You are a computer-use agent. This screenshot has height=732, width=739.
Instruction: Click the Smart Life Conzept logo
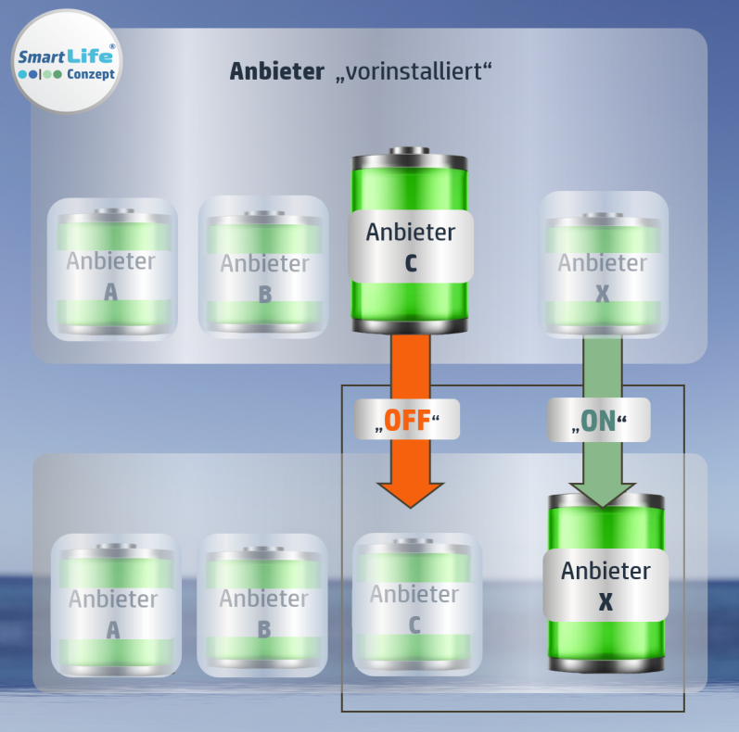pyautogui.click(x=67, y=61)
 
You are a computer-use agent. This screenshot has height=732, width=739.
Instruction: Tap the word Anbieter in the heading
pyautogui.click(x=277, y=72)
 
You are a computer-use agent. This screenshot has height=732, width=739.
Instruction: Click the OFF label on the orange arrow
pyautogui.click(x=407, y=421)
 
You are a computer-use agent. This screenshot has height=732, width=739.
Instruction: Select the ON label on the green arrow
pyautogui.click(x=598, y=422)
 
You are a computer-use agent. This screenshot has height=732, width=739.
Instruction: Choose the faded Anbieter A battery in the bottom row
pyautogui.click(x=113, y=605)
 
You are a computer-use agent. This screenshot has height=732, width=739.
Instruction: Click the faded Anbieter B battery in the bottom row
pyautogui.click(x=263, y=605)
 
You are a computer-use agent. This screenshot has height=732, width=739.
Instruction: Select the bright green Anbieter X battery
pyautogui.click(x=605, y=584)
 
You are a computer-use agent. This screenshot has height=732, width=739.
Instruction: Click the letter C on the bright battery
pyautogui.click(x=411, y=264)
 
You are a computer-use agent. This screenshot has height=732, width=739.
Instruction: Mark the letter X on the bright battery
pyautogui.click(x=605, y=602)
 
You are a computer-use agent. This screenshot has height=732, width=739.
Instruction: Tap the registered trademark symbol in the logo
pyautogui.click(x=112, y=45)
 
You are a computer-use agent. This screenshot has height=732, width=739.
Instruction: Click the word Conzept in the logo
pyautogui.click(x=91, y=74)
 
